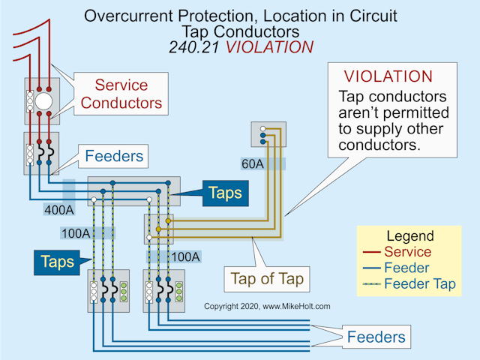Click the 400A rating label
point(57,211)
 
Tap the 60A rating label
point(253,163)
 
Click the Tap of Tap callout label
point(267,280)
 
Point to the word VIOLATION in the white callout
point(388,76)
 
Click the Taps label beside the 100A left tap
point(57,261)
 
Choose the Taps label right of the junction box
point(225,193)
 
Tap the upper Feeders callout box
point(114,157)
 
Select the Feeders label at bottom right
point(376,337)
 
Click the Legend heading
point(409,236)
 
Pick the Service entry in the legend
point(406,252)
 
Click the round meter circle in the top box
point(43,101)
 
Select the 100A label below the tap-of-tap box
point(185,257)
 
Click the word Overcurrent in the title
point(128,16)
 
